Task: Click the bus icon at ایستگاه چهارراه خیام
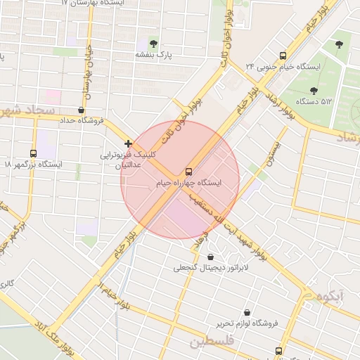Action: (188, 172)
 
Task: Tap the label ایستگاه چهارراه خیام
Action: (188, 183)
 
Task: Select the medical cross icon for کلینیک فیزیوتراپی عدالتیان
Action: (128, 143)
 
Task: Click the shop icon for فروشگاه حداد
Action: (82, 110)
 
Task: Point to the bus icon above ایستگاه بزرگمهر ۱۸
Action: (33, 153)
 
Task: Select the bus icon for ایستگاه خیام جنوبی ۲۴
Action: (283, 56)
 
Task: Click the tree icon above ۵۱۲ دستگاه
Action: (313, 90)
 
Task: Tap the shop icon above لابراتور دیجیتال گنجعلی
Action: (212, 257)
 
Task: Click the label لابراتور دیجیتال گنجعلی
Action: (202, 268)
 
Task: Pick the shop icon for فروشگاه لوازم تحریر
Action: (247, 312)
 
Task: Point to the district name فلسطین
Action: (210, 342)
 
